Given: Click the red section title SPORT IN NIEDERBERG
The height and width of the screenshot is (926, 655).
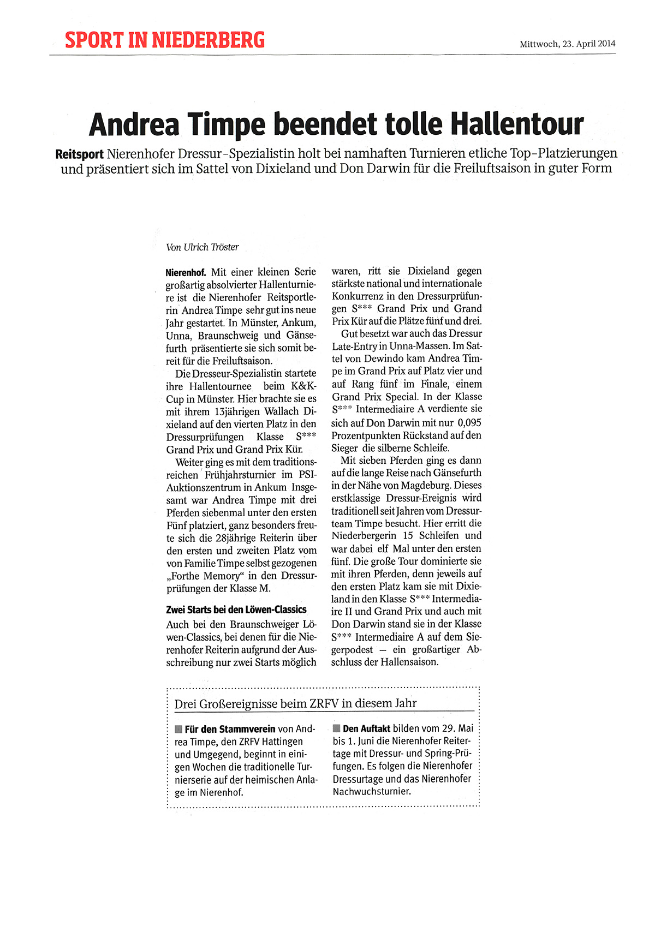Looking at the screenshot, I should [164, 40].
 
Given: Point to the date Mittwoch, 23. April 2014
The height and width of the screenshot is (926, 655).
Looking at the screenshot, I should [567, 44].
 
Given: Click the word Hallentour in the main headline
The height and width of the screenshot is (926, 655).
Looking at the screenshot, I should [517, 124].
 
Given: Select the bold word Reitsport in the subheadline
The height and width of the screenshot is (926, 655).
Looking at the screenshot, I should [79, 154].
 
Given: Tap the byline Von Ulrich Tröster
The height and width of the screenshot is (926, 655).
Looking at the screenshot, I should [203, 247].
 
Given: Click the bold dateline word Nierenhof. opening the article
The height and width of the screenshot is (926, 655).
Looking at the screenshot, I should [186, 272].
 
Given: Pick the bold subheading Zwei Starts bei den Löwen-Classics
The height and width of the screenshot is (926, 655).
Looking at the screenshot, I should [236, 610].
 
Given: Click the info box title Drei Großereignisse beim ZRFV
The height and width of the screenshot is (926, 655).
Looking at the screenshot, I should [295, 703].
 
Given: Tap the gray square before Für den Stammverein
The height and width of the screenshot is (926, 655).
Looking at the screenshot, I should [178, 729].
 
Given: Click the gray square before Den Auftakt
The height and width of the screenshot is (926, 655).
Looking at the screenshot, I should [336, 728].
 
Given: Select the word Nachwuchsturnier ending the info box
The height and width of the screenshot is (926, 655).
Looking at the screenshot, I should [371, 791].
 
